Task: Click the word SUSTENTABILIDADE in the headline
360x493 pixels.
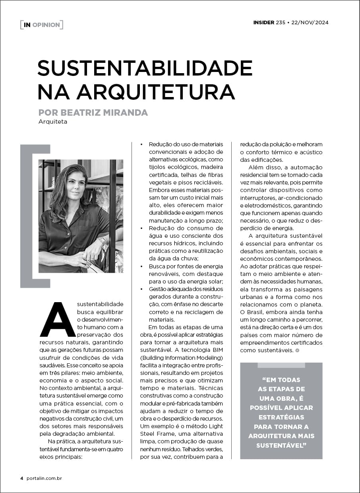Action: tap(145, 68)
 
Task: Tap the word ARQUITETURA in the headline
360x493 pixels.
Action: tap(156, 92)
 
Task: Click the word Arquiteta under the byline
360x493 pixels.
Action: tap(53, 122)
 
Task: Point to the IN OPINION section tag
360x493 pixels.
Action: tap(41, 25)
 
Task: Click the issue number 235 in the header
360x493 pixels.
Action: tap(280, 22)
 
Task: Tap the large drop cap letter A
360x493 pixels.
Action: tap(58, 319)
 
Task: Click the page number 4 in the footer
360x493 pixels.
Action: tap(22, 478)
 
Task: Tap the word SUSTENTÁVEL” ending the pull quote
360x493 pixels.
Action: tap(281, 445)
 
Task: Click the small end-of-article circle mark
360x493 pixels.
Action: tap(297, 350)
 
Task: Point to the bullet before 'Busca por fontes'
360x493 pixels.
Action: tap(142, 266)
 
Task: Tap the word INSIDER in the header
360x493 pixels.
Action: tap(263, 22)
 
